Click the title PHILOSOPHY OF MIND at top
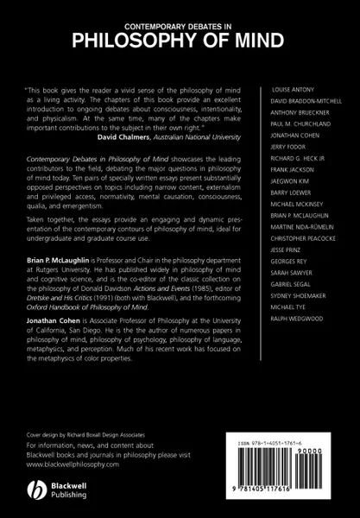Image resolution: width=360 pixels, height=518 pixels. coord(180,37)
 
